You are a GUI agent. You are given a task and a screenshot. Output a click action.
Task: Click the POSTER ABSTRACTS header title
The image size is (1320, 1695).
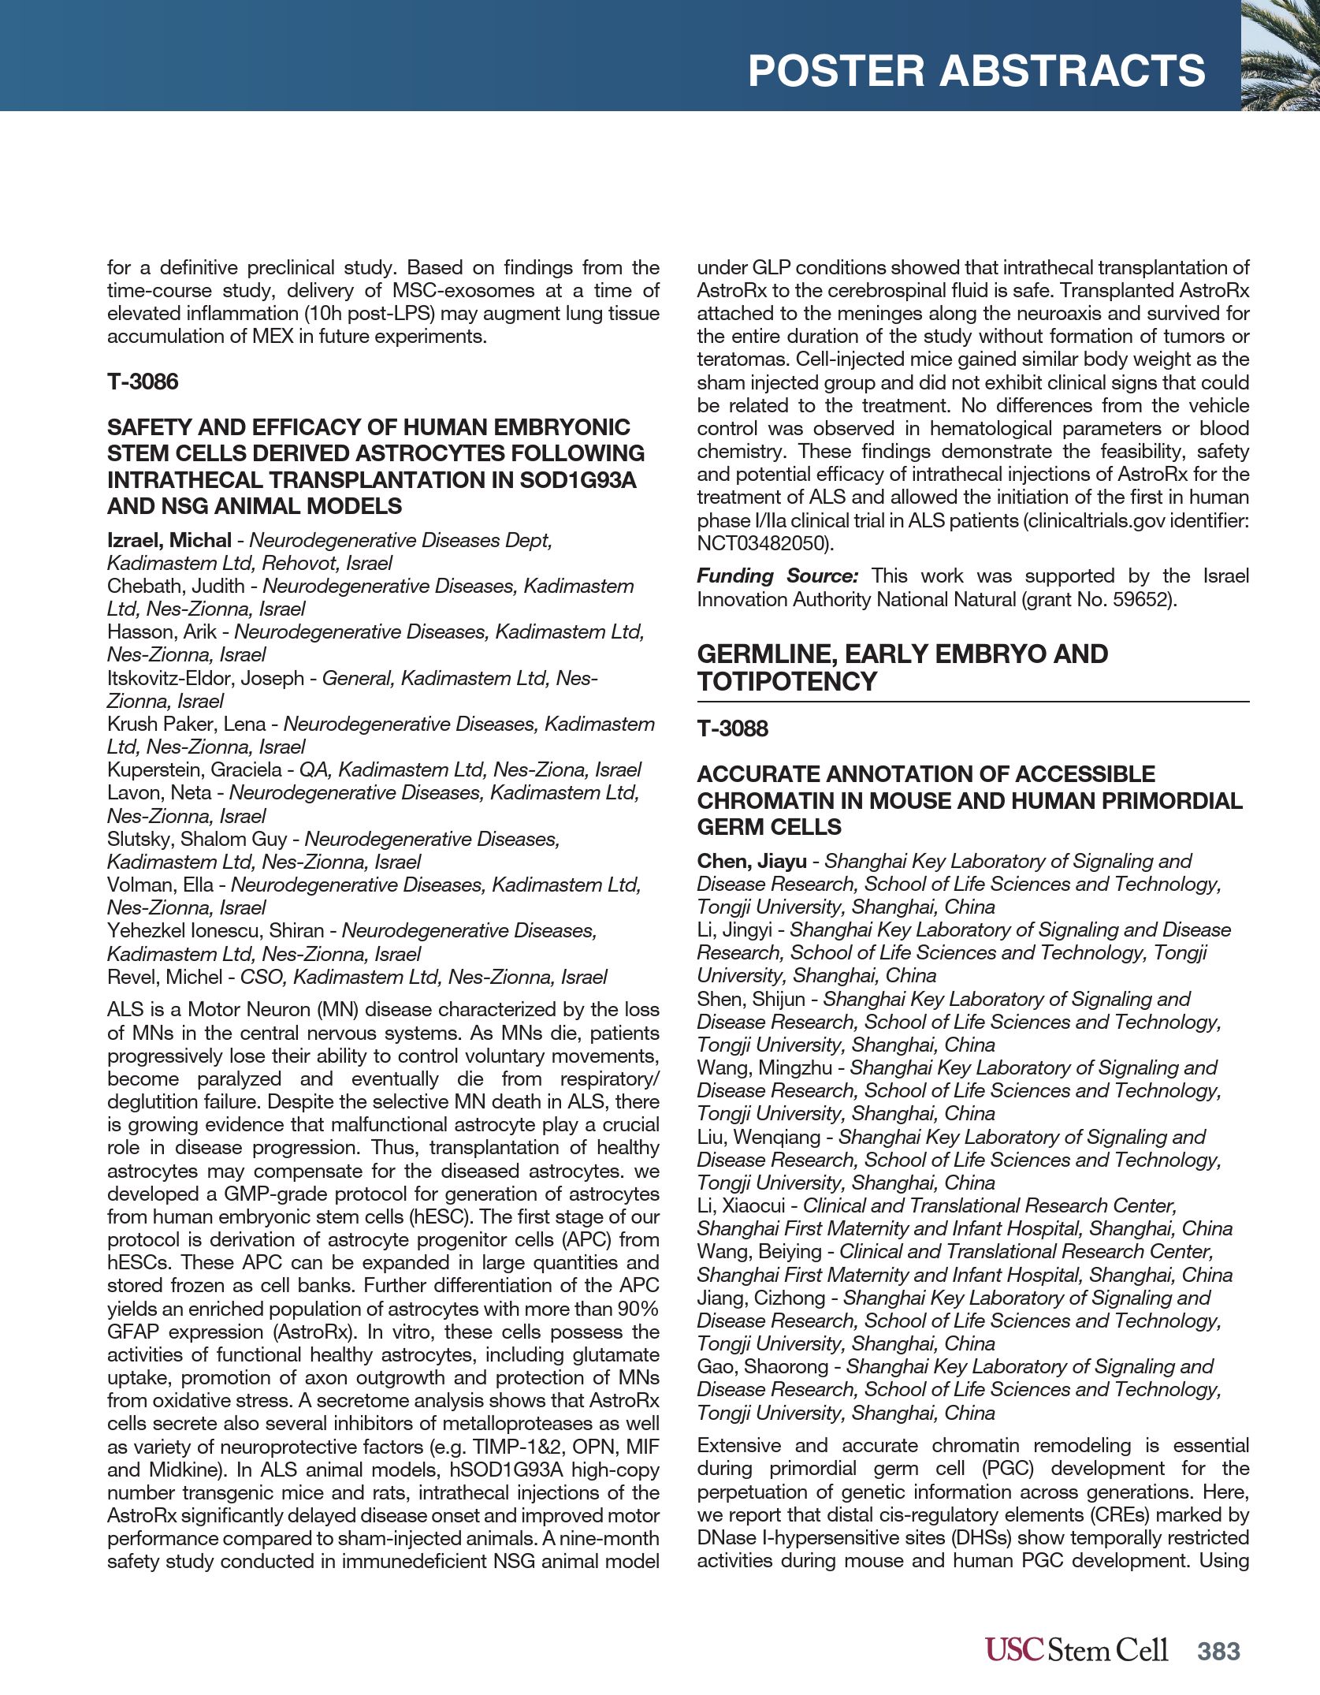[x=976, y=71]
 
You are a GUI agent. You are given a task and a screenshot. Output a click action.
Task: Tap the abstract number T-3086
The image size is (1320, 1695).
[x=143, y=382]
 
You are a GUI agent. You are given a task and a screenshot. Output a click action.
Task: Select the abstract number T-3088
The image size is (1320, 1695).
[x=732, y=728]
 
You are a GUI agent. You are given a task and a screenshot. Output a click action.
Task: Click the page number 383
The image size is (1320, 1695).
[x=1218, y=1651]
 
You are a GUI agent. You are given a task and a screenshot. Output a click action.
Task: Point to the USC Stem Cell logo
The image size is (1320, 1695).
[x=1076, y=1650]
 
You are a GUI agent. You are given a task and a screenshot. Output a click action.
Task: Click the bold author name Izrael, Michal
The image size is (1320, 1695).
[x=169, y=541]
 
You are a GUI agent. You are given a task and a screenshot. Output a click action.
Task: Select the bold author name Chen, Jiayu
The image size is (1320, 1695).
[x=751, y=862]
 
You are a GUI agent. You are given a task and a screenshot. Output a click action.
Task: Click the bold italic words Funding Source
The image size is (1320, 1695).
[x=777, y=576]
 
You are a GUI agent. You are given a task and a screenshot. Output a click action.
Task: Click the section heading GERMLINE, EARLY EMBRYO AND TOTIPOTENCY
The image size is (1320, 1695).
[x=902, y=668]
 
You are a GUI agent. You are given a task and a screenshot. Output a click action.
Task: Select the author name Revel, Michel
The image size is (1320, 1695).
[x=165, y=978]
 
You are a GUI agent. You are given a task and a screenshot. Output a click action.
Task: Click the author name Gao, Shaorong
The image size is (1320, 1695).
[x=762, y=1367]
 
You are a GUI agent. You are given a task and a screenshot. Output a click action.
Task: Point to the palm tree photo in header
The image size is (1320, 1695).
[x=1280, y=55]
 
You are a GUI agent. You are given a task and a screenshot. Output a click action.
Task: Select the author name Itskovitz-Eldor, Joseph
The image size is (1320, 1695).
[x=205, y=679]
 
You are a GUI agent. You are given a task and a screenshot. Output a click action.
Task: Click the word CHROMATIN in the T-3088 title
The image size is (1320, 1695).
[x=779, y=801]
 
